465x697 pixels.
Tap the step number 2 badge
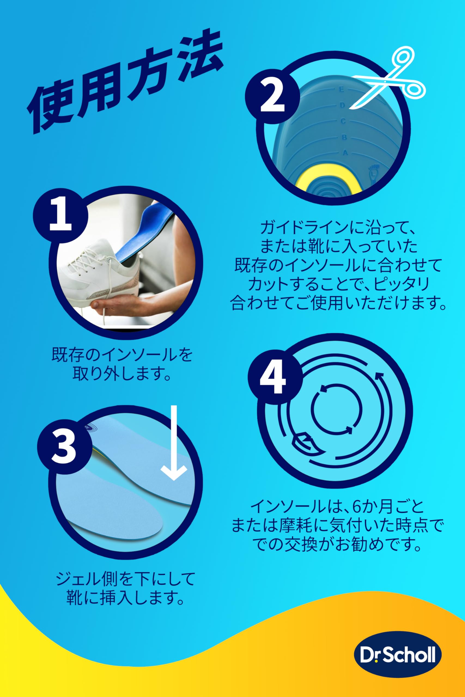tap(272, 97)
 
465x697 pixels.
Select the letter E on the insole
tap(341, 89)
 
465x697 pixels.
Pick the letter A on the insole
tap(345, 153)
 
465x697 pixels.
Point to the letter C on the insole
tap(343, 121)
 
